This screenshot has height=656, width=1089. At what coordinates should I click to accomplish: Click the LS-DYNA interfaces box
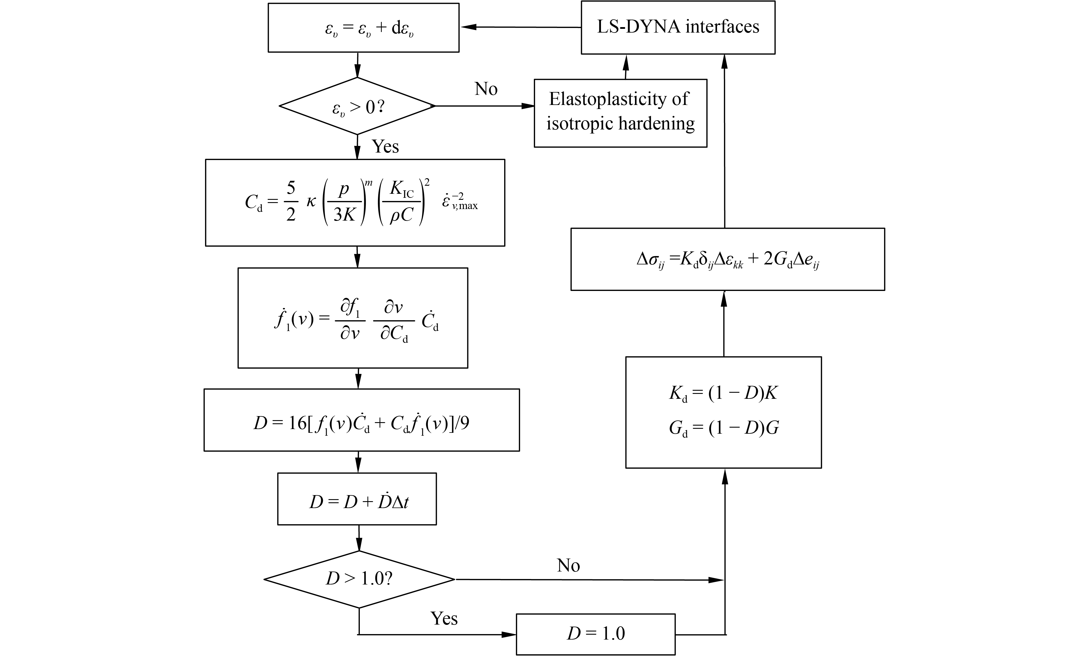pyautogui.click(x=678, y=27)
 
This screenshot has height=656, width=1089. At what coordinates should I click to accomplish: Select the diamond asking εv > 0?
pyautogui.click(x=357, y=106)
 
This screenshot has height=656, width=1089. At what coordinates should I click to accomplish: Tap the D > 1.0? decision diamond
pyautogui.click(x=359, y=579)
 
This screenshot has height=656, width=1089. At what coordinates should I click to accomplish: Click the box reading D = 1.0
pyautogui.click(x=596, y=634)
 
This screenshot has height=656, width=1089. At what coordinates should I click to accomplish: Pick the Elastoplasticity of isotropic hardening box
pyautogui.click(x=621, y=113)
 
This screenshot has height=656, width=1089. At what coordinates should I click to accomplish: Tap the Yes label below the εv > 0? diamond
pyautogui.click(x=385, y=146)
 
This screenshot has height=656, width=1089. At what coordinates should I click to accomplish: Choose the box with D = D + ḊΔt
pyautogui.click(x=357, y=499)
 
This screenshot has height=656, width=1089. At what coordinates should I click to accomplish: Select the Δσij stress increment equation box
pyautogui.click(x=727, y=259)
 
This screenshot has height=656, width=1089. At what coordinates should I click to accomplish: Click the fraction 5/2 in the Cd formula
pyautogui.click(x=291, y=202)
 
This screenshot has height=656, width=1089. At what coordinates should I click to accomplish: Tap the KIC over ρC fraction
pyautogui.click(x=401, y=202)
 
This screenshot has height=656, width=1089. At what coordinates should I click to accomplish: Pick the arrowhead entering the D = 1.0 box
pyautogui.click(x=510, y=635)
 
